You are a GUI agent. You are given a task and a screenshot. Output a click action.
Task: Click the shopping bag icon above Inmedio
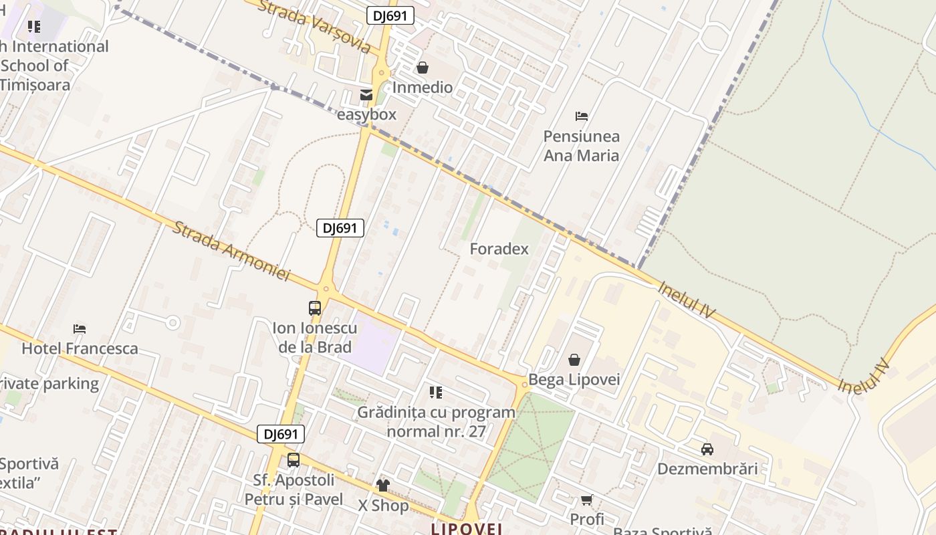(x=423, y=68)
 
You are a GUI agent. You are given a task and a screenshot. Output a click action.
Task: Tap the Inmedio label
(x=423, y=88)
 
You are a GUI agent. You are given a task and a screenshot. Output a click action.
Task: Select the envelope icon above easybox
(x=366, y=95)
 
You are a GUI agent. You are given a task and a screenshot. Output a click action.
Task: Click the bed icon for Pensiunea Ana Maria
(x=582, y=116)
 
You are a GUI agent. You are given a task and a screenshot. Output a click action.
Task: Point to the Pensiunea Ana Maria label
(x=581, y=146)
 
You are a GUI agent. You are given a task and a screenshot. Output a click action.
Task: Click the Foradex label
(x=499, y=249)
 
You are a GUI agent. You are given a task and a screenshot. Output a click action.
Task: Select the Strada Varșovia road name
(x=314, y=26)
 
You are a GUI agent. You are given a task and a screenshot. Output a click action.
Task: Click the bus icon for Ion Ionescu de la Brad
(x=315, y=308)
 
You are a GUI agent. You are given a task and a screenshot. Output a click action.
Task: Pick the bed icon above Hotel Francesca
(x=80, y=328)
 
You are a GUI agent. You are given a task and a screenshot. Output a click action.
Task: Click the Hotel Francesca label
(x=80, y=348)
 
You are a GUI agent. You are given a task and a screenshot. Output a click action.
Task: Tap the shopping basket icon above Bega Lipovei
(x=574, y=360)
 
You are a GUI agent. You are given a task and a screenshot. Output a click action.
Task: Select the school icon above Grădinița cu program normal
(x=436, y=393)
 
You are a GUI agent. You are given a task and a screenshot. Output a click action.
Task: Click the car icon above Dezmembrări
(x=707, y=449)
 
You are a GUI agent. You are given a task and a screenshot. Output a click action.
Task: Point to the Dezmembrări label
(x=707, y=469)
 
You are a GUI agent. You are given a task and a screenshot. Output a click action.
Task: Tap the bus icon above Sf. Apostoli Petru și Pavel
(x=294, y=460)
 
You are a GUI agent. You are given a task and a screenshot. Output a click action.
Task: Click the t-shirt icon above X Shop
(x=383, y=485)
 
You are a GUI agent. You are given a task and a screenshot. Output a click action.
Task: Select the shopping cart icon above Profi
(x=587, y=500)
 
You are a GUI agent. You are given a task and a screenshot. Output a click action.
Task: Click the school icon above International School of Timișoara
(x=34, y=27)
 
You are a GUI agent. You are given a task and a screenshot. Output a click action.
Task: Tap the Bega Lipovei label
(x=574, y=380)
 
